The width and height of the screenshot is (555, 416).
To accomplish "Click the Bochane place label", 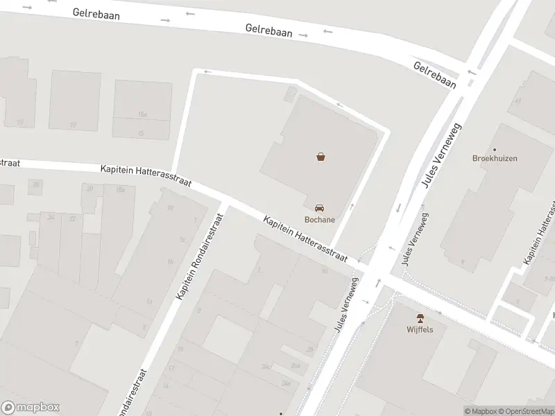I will pyautogui.click(x=320, y=220).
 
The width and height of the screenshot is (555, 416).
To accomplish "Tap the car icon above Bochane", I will pyautogui.click(x=320, y=207).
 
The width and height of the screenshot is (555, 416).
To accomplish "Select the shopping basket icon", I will pyautogui.click(x=321, y=157).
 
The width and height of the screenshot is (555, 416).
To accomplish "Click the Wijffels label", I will pyautogui.click(x=420, y=329).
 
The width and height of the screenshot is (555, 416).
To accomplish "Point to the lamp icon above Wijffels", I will pyautogui.click(x=420, y=317).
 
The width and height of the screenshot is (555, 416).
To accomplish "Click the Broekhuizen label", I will pyautogui.click(x=495, y=158).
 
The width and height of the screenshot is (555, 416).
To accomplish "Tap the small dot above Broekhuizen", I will pyautogui.click(x=495, y=149).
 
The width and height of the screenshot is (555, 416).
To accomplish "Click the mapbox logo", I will pyautogui.click(x=31, y=407).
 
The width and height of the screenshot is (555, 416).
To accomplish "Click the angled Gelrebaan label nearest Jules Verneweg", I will pyautogui.click(x=435, y=75).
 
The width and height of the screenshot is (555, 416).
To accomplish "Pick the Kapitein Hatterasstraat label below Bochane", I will pyautogui.click(x=305, y=238).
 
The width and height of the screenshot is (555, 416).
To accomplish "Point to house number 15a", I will pyautogui.click(x=142, y=114).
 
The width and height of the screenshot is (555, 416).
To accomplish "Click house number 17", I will pyautogui.click(x=73, y=125).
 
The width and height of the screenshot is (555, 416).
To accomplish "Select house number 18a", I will pyautogui.click(x=120, y=189).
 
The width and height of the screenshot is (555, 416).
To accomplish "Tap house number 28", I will pyautogui.click(x=309, y=349).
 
